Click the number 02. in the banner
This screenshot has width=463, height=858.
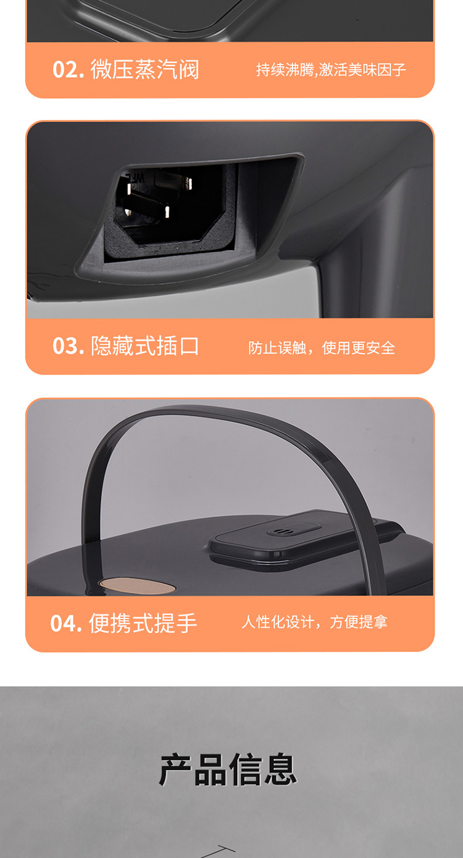tap(68, 70)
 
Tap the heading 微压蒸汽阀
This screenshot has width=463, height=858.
tap(145, 70)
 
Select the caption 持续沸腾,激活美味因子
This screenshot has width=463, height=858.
tap(331, 70)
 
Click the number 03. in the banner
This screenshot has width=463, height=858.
tap(68, 346)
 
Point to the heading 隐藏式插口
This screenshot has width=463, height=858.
tap(145, 346)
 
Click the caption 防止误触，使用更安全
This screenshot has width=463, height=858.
tap(322, 348)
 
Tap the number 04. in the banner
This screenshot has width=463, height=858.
tap(66, 623)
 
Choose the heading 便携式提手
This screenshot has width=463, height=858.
tap(143, 623)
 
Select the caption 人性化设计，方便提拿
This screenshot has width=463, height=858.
tap(314, 622)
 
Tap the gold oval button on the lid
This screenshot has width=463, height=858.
tap(138, 586)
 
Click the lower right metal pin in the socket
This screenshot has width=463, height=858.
tap(167, 212)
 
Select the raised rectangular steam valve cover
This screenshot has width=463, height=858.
tap(302, 538)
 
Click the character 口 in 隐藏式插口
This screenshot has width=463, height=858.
tap(188, 346)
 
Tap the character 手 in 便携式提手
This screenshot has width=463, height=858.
tap(186, 623)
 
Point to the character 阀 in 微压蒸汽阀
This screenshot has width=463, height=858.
tap(188, 70)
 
